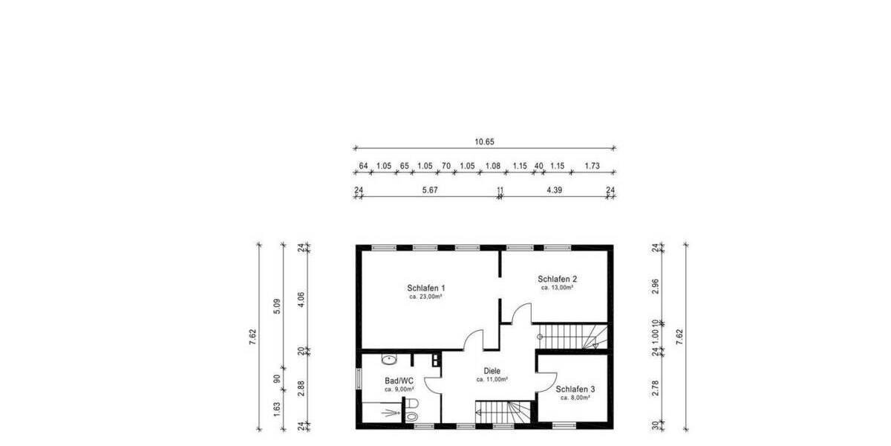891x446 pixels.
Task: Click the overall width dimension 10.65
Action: tap(484, 140)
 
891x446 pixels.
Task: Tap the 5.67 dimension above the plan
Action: tap(429, 190)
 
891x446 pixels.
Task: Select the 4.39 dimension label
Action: tap(554, 190)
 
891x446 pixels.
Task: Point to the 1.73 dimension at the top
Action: tap(592, 167)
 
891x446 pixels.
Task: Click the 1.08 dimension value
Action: tap(492, 167)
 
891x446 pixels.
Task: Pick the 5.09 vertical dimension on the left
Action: tap(277, 305)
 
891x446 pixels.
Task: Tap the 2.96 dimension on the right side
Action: tap(656, 288)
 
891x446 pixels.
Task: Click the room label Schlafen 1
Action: tap(425, 288)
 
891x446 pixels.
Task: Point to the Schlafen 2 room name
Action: tap(557, 279)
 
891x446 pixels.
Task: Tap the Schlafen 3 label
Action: tap(575, 389)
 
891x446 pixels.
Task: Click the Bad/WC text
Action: tap(399, 380)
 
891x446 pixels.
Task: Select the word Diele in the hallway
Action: tap(492, 371)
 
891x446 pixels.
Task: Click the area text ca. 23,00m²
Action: tap(425, 297)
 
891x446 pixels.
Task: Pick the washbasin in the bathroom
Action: tap(388, 360)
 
